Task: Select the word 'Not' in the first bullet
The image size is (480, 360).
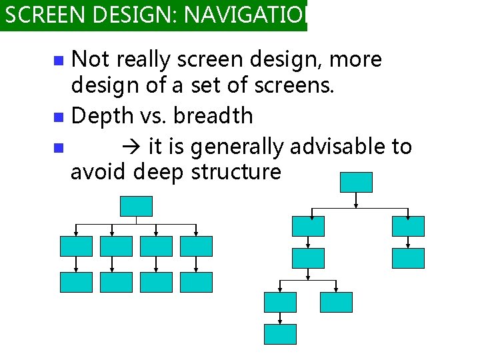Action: tap(90, 59)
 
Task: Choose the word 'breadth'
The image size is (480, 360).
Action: tap(213, 116)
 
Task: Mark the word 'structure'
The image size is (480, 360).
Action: tap(236, 173)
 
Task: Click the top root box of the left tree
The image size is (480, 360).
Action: tap(136, 206)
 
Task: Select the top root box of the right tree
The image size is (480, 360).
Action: tap(356, 182)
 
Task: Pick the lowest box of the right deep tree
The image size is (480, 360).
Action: tap(280, 334)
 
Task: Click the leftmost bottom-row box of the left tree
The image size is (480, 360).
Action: tap(76, 282)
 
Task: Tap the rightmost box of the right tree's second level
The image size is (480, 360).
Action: tap(408, 226)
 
